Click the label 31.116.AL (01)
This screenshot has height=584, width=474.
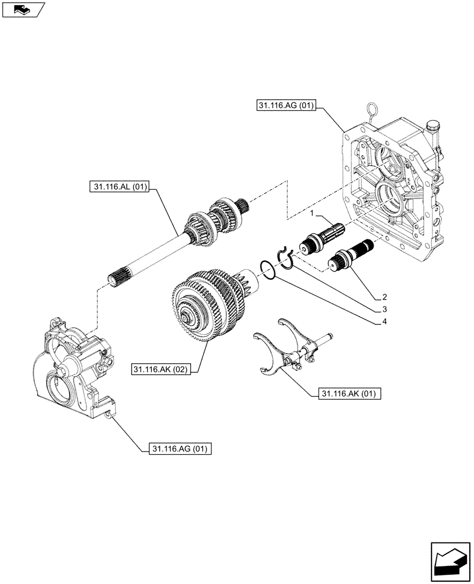(x=121, y=187)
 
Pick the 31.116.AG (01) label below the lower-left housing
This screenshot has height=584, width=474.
(x=180, y=449)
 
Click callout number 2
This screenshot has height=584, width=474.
(x=384, y=296)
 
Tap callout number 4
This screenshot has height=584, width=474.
(x=384, y=321)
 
